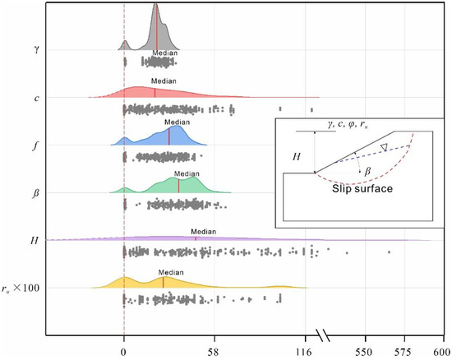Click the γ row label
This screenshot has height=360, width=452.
[x=34, y=48]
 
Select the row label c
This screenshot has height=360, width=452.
[x=34, y=98]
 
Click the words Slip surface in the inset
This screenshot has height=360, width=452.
[x=362, y=188]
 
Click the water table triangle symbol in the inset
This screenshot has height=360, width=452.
[x=383, y=147]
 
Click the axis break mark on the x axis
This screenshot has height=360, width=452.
[x=324, y=335]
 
